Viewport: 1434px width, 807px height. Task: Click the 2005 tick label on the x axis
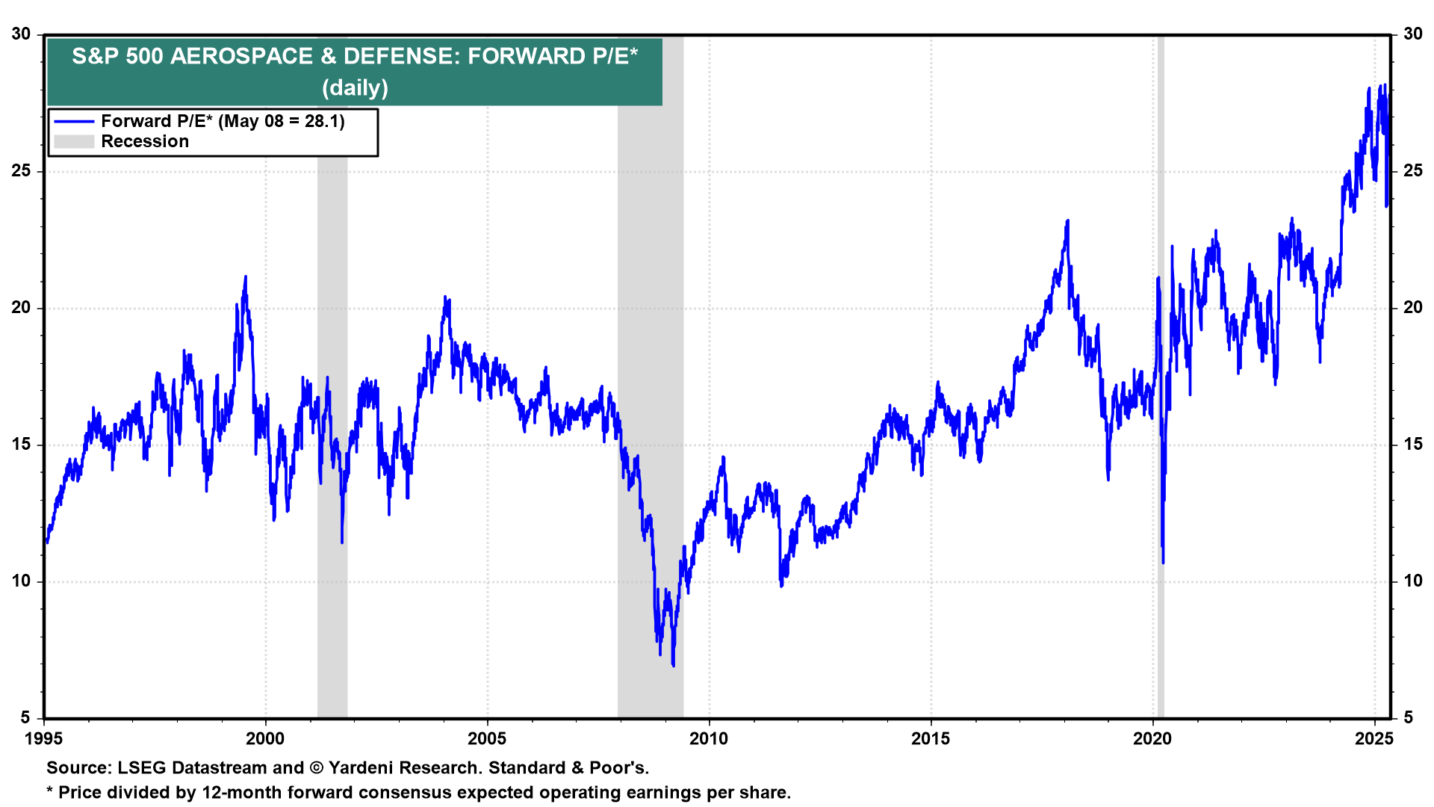(x=487, y=739)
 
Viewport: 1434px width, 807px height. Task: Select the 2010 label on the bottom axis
(x=709, y=739)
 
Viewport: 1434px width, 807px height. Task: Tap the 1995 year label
(x=43, y=739)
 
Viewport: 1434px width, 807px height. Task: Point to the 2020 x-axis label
(x=1152, y=739)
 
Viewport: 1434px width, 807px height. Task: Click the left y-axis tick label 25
(x=21, y=171)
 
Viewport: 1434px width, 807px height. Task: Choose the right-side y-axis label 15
(x=1412, y=445)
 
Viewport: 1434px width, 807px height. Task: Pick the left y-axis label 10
(x=21, y=581)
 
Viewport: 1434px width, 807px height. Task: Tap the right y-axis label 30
(x=1412, y=34)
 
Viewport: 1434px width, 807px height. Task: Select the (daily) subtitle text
(x=355, y=88)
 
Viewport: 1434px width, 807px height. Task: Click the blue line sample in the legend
(x=74, y=122)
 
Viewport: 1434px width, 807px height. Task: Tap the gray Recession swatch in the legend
(x=74, y=142)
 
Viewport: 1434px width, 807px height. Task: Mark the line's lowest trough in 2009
(x=673, y=665)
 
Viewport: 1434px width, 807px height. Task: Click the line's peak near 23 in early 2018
(x=1067, y=221)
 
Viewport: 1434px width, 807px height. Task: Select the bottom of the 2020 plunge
(x=1163, y=562)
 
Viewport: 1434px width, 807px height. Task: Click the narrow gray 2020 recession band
(x=1160, y=374)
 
